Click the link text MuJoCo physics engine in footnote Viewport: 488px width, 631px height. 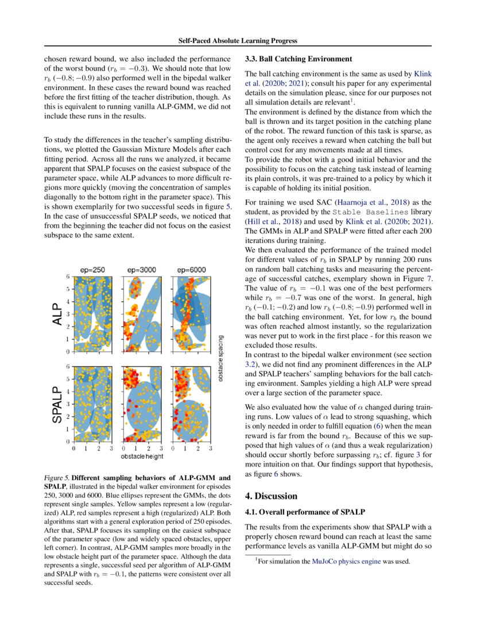tap(346, 562)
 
